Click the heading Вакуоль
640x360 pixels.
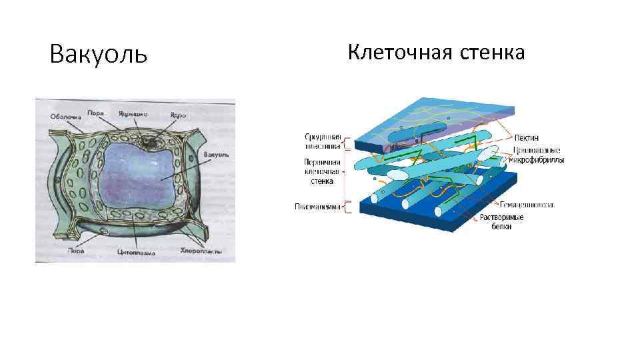[98, 54]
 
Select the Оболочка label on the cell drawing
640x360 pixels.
[65, 117]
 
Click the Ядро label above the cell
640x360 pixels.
[177, 115]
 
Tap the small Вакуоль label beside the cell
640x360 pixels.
[217, 154]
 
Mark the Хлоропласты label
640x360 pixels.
[199, 252]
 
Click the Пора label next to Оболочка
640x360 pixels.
[95, 113]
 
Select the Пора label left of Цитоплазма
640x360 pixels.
[75, 252]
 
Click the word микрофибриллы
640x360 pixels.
[537, 160]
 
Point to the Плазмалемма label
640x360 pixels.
[317, 207]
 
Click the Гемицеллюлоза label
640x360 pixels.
[526, 205]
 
